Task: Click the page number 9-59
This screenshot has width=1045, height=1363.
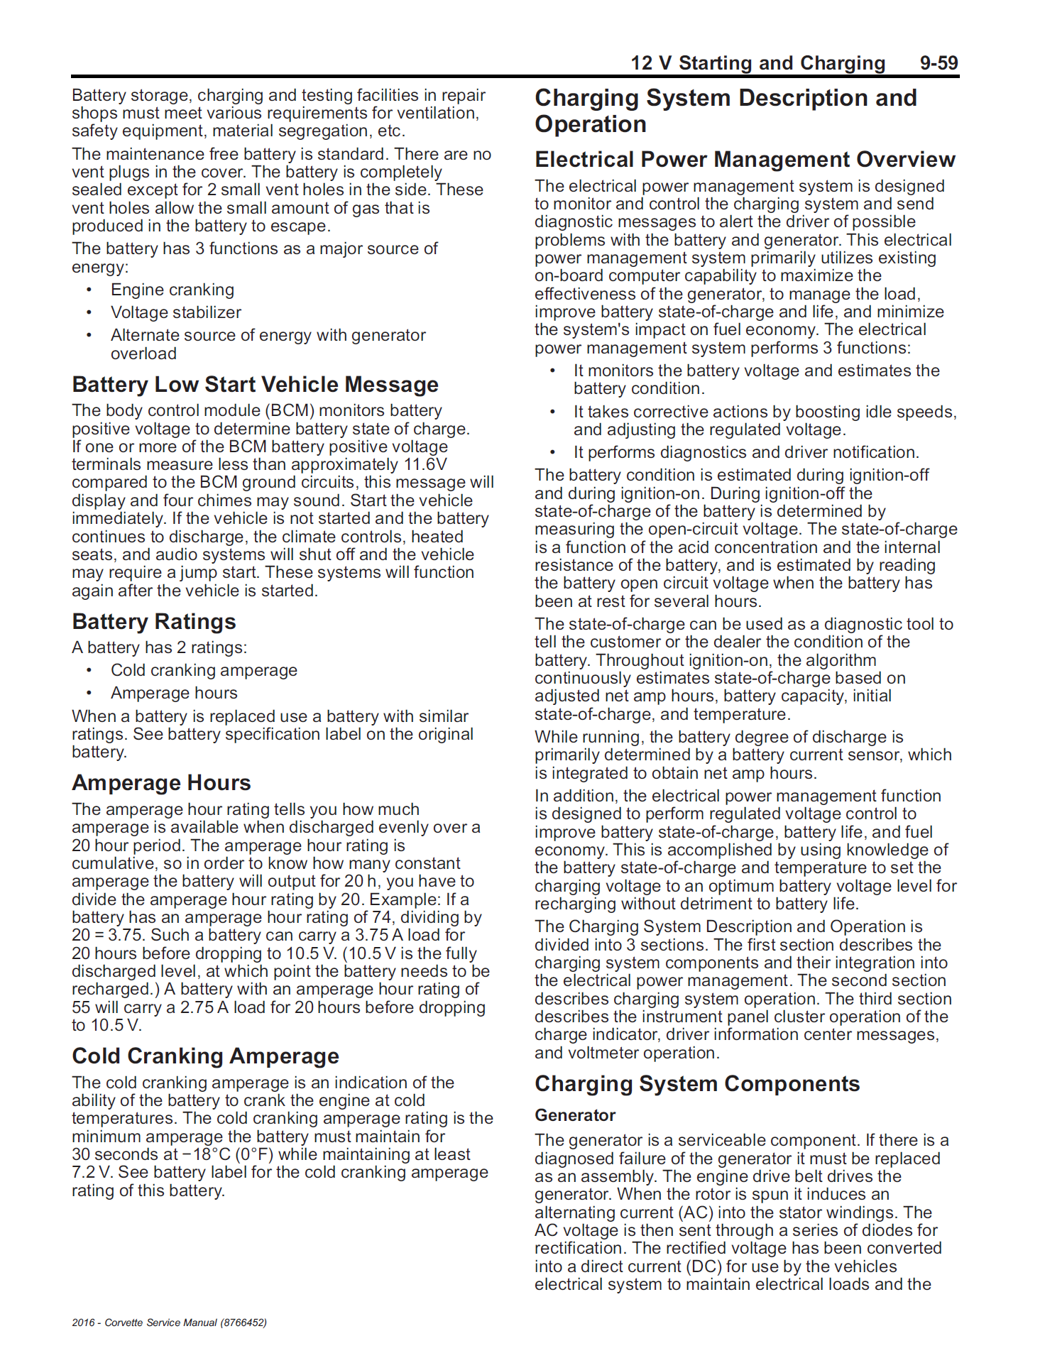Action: pos(939,63)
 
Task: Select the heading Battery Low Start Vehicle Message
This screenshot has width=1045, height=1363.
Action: pos(255,385)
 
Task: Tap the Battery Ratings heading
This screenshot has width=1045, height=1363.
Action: pos(153,622)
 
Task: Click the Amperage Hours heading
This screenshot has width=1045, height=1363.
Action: pos(161,783)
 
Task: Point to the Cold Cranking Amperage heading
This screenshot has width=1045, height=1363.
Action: pos(205,1056)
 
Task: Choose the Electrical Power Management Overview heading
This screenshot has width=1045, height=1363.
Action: pos(745,160)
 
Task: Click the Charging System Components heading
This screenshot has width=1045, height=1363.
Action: pos(696,1084)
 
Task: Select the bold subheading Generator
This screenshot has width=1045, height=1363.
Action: pos(575,1115)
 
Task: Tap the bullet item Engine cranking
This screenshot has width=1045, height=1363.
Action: pos(172,290)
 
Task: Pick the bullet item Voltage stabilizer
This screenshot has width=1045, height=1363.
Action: pos(175,312)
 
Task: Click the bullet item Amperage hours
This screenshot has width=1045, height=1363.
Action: pos(174,693)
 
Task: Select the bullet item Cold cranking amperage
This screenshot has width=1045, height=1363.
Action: pos(204,670)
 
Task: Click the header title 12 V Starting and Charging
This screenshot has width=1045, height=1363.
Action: pos(757,63)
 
